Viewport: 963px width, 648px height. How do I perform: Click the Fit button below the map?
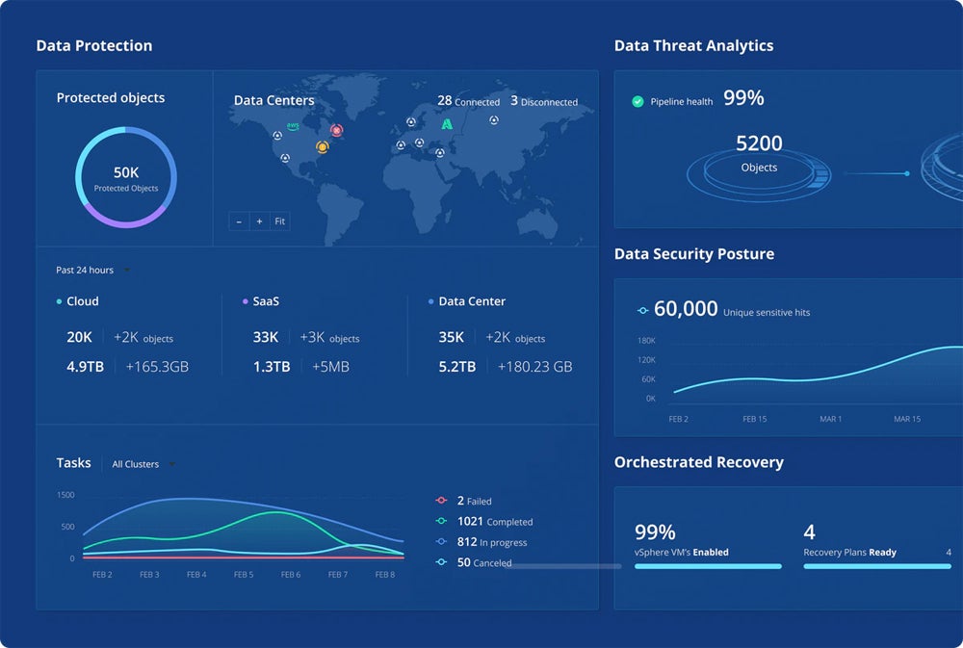(x=279, y=221)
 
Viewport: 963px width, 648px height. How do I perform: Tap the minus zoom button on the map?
(x=239, y=221)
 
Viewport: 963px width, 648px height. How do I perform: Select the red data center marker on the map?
(x=336, y=130)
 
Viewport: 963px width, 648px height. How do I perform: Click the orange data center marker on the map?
(x=322, y=147)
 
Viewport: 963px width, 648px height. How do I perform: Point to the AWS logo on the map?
(x=293, y=126)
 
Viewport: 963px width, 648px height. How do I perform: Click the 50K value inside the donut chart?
(x=126, y=172)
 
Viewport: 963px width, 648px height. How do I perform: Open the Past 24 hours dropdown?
(x=92, y=271)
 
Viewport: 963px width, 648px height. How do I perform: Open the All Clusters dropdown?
(x=143, y=464)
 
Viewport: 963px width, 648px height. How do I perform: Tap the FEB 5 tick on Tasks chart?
(x=244, y=575)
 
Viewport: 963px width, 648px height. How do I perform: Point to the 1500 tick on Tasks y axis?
(x=65, y=495)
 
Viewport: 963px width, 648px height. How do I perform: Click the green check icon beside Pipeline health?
(x=638, y=101)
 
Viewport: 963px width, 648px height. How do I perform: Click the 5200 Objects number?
(x=759, y=143)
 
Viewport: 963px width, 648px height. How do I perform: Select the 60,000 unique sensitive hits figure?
(x=686, y=309)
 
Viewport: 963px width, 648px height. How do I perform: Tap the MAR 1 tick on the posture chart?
(x=829, y=420)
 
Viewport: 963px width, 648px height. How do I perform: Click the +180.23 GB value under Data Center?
(x=534, y=367)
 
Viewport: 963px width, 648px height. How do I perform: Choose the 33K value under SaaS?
(x=265, y=337)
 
